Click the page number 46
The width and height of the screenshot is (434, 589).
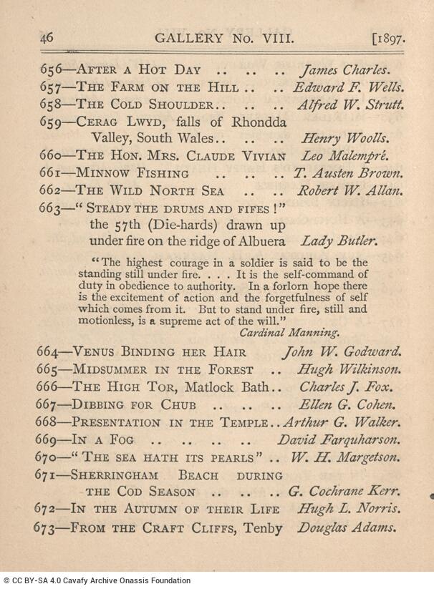(x=47, y=38)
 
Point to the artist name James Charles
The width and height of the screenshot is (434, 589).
(x=344, y=71)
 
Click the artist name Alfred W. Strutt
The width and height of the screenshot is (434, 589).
(x=349, y=104)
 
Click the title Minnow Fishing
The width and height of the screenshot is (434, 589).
(x=132, y=173)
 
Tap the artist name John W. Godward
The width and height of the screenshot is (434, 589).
(x=341, y=352)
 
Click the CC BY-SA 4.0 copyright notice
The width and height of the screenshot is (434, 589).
(x=97, y=581)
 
